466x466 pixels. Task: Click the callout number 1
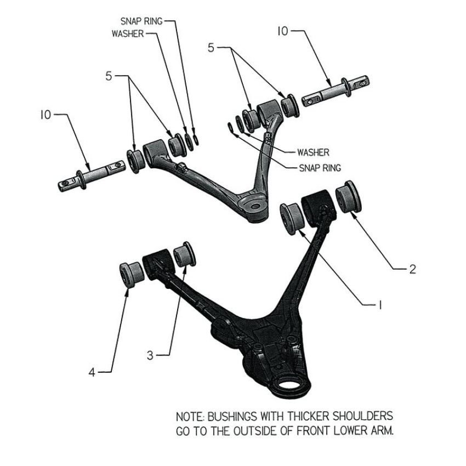379,305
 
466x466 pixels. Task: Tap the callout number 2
412,269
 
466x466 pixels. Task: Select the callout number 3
150,355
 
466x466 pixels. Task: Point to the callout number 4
92,372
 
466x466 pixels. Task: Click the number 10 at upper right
283,31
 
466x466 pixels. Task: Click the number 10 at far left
46,115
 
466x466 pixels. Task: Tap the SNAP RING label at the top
141,21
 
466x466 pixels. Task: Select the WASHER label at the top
128,33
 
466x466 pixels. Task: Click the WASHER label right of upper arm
313,152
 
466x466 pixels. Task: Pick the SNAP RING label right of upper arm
320,168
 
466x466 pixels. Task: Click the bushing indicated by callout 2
349,196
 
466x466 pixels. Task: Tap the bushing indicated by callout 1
292,218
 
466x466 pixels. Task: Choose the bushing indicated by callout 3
185,254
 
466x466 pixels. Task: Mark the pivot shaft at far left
92,176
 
